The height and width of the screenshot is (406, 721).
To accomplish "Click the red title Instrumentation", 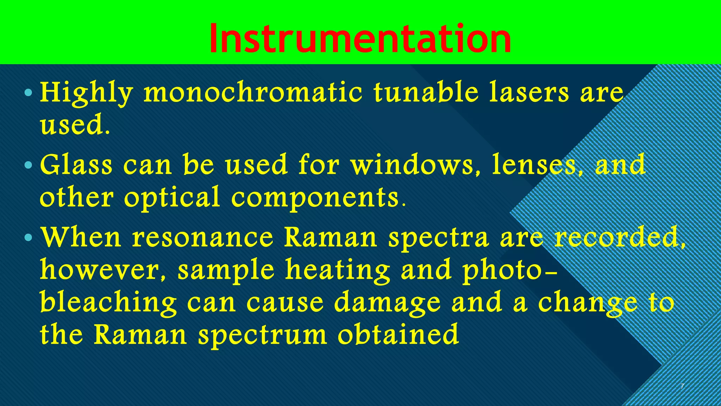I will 360,39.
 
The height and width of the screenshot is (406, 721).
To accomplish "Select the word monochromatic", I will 253,93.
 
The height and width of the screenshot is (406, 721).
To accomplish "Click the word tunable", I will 426,92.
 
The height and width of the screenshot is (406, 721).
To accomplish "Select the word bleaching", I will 108,303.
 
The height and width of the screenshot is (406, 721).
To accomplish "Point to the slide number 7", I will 682,386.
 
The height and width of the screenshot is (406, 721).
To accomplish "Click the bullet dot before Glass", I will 29,165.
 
